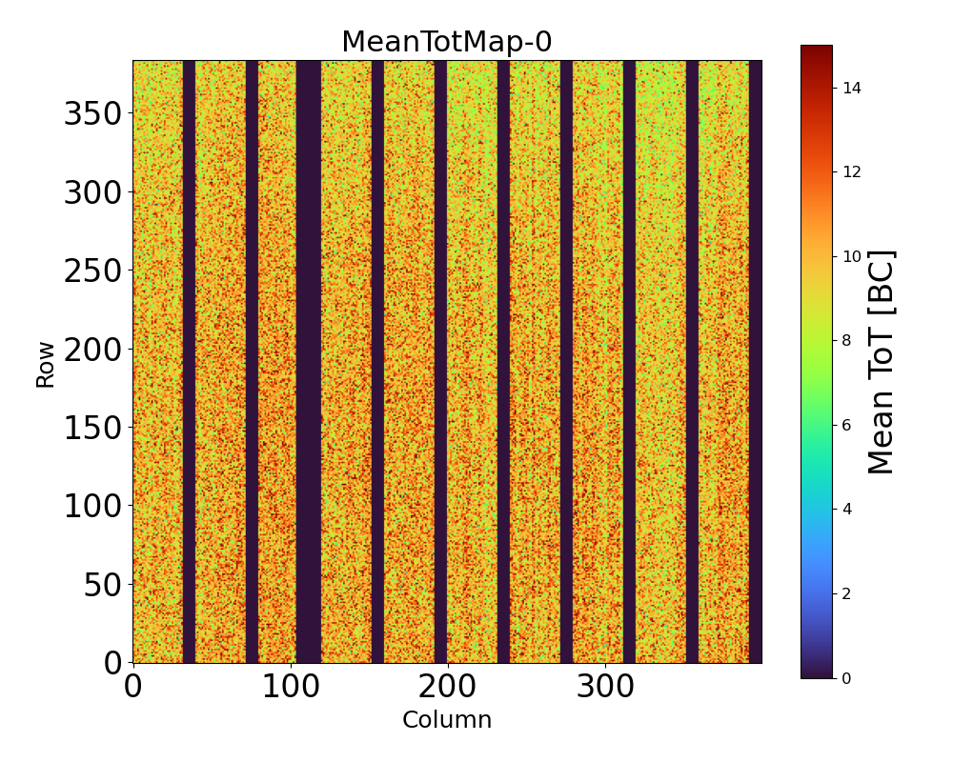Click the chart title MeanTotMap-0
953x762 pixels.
[x=447, y=42]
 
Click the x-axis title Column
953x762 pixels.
[x=447, y=720]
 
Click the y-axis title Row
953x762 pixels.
[x=46, y=362]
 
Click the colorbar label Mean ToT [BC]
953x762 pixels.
[x=882, y=362]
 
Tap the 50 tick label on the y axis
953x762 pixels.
[x=104, y=584]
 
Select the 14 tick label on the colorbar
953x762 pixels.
[x=851, y=88]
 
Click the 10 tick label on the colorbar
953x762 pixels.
[x=851, y=256]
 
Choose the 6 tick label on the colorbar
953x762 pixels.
[x=846, y=425]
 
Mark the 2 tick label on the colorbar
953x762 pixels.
[x=846, y=593]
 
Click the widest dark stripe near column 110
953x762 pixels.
[x=308, y=362]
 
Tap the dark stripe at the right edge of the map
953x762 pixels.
[x=755, y=362]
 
